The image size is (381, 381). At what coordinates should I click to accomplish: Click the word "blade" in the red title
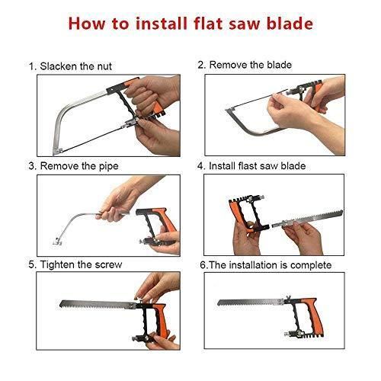pos(290,24)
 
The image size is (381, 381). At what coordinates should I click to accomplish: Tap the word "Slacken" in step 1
pos(58,66)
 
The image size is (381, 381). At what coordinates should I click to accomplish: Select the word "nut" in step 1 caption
pos(104,66)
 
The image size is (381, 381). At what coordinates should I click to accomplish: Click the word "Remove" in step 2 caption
pos(228,65)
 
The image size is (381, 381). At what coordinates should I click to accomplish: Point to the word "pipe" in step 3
pos(109,166)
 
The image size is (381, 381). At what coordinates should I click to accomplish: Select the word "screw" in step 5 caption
pos(108,265)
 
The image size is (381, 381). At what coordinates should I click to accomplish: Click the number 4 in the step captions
pos(200,166)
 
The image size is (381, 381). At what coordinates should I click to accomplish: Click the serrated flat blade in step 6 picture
pos(251,302)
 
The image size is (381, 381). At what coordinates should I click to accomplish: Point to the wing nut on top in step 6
pos(288,296)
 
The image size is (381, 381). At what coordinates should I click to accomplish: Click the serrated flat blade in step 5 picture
pos(98,305)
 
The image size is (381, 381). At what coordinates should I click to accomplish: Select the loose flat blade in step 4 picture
pos(307,219)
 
